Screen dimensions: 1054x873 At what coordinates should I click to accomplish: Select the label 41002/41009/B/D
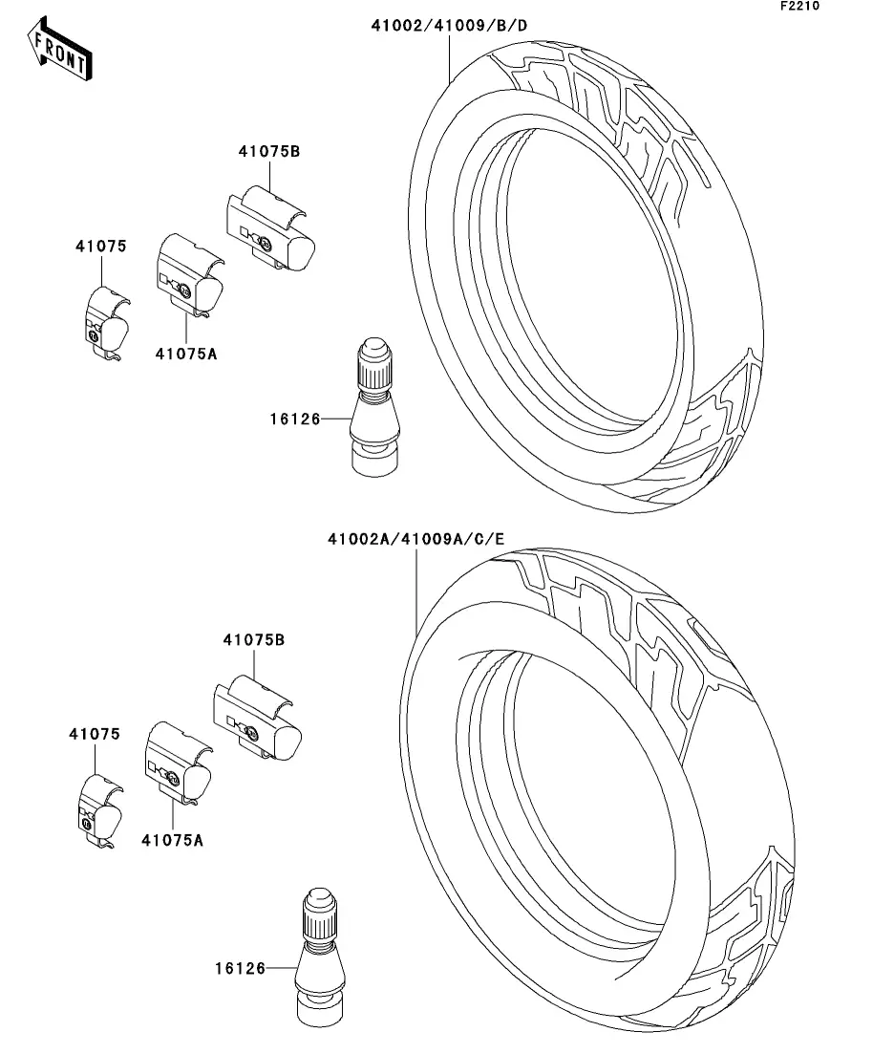[x=449, y=26]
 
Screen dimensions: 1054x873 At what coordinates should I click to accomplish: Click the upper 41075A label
[x=186, y=354]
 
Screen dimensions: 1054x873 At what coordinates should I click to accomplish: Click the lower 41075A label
[x=173, y=840]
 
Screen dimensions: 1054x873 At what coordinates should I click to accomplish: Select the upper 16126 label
[x=294, y=419]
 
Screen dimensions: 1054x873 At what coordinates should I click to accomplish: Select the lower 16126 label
[x=240, y=968]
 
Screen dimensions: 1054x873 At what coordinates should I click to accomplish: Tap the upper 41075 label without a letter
[x=101, y=247]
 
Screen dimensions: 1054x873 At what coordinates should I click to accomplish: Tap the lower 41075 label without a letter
[x=94, y=734]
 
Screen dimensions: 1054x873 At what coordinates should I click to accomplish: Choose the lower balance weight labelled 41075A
[x=178, y=764]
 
